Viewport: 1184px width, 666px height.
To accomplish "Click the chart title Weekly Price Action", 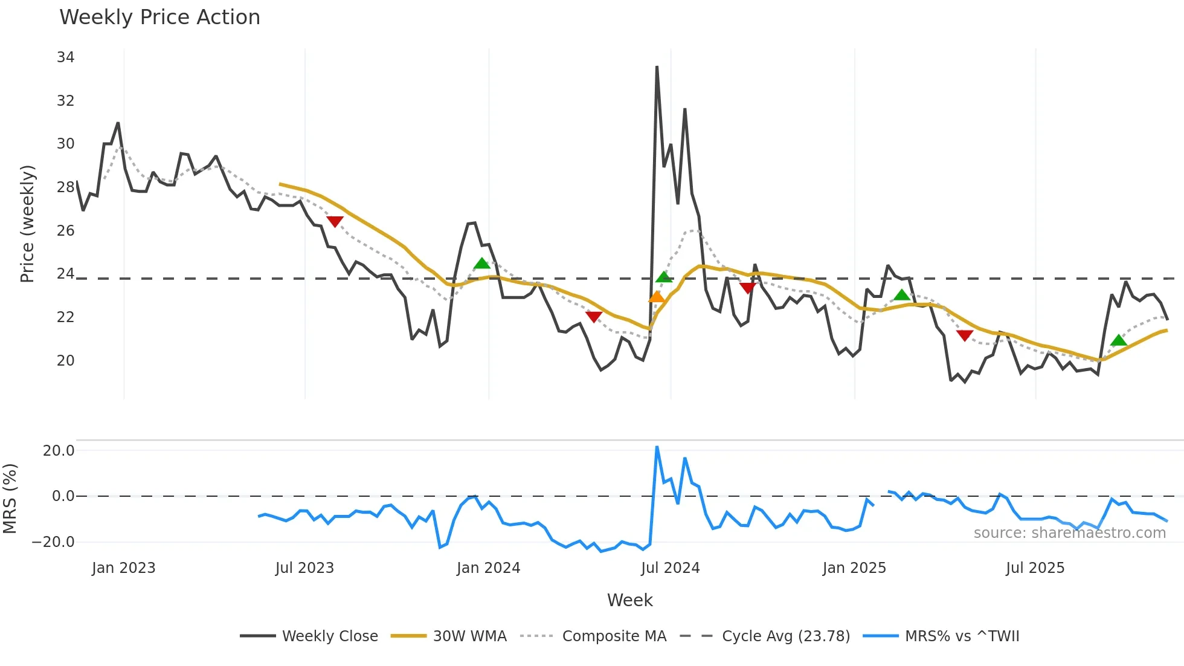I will (x=159, y=18).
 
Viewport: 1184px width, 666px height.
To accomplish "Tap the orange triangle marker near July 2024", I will (x=656, y=297).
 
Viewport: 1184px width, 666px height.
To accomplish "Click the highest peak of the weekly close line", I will (x=657, y=67).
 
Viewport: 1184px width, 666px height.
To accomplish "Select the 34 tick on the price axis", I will (x=65, y=57).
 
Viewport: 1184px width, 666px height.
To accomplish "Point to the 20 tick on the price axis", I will (x=65, y=361).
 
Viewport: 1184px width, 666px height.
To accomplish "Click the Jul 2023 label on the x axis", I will (x=304, y=568).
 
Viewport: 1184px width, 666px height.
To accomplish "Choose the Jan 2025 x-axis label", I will (x=854, y=568).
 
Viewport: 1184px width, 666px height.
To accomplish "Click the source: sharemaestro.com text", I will (x=1069, y=533).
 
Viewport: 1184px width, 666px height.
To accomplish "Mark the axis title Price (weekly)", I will (x=27, y=224).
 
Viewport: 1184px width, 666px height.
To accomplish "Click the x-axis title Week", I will (x=629, y=600).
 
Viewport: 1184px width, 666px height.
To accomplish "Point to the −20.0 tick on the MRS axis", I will (x=53, y=542).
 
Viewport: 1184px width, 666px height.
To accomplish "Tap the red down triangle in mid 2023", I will (x=335, y=222).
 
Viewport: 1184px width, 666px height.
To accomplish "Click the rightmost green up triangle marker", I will (x=1118, y=340).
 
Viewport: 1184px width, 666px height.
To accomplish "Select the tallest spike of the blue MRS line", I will (x=657, y=447).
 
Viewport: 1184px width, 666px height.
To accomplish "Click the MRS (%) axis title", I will (x=10, y=499).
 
